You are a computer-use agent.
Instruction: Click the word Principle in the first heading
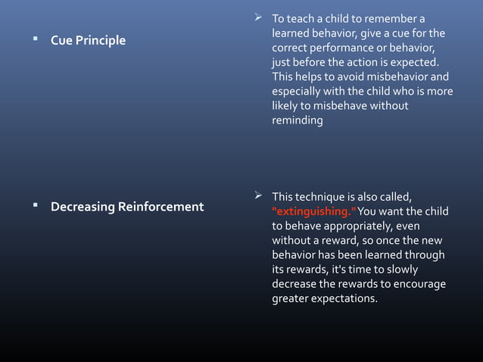pos(101,40)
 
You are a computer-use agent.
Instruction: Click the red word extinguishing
pos(311,211)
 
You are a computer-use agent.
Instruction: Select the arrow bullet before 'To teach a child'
pos(260,18)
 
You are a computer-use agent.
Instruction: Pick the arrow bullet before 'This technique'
pos(260,196)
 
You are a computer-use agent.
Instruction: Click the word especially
pos(298,91)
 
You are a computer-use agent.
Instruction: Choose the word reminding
pos(297,120)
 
